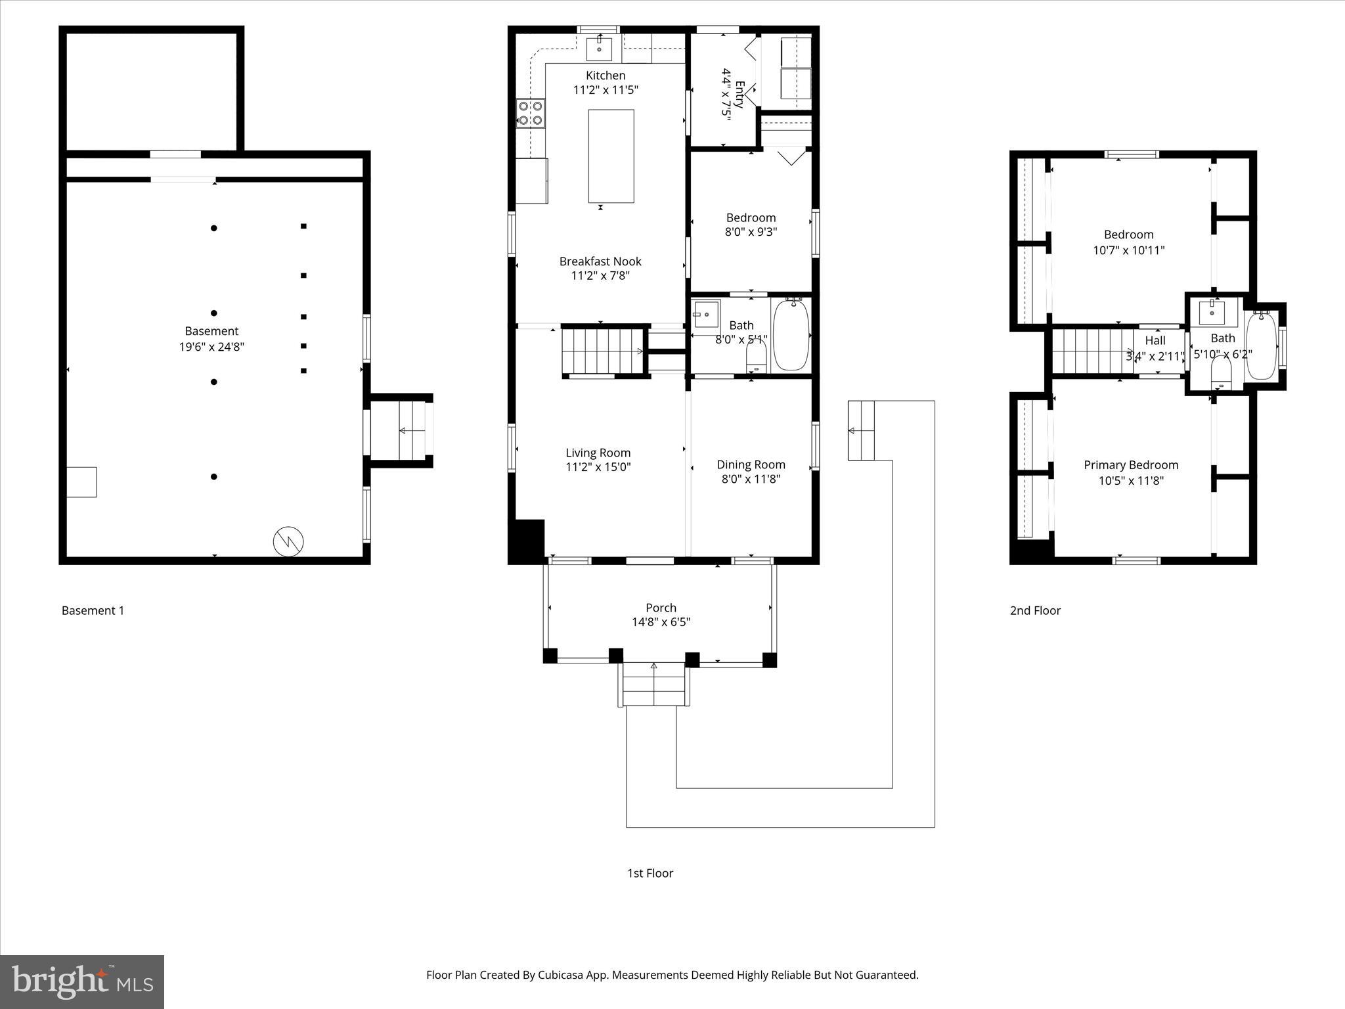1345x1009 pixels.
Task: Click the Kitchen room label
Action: (x=606, y=76)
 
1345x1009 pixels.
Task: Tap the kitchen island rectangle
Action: (x=611, y=156)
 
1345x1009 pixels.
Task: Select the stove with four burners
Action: (x=530, y=112)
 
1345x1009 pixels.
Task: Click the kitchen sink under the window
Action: (x=599, y=49)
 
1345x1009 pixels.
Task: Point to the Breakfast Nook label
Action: (x=600, y=261)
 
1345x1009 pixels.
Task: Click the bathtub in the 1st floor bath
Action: (x=793, y=334)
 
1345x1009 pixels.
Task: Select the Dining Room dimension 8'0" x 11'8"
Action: (x=751, y=479)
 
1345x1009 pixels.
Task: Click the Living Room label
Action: (x=598, y=453)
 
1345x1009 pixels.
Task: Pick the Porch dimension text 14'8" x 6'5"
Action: (x=661, y=622)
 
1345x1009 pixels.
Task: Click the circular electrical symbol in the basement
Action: (x=288, y=541)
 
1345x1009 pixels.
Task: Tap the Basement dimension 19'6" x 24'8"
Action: (x=211, y=347)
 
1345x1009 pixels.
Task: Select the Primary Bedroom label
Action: (x=1131, y=465)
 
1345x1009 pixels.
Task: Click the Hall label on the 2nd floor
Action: (x=1155, y=340)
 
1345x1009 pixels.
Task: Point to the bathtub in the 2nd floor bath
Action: (x=1261, y=346)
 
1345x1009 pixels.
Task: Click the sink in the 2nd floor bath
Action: (x=1211, y=312)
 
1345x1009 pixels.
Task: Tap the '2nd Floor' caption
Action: (x=1035, y=610)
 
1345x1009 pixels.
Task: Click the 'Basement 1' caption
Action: (x=93, y=610)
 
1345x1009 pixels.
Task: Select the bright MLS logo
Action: (x=82, y=981)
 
